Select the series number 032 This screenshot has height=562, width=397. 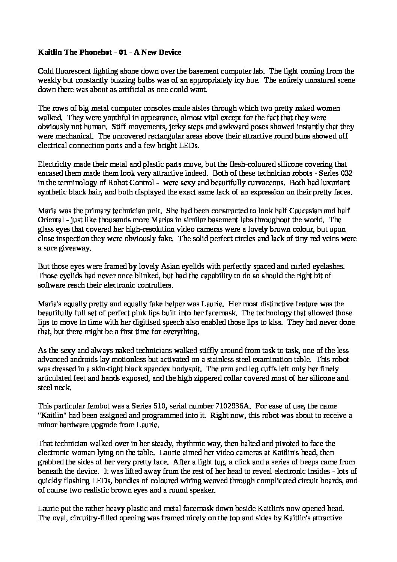point(344,173)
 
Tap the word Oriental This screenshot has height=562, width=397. point(51,220)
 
